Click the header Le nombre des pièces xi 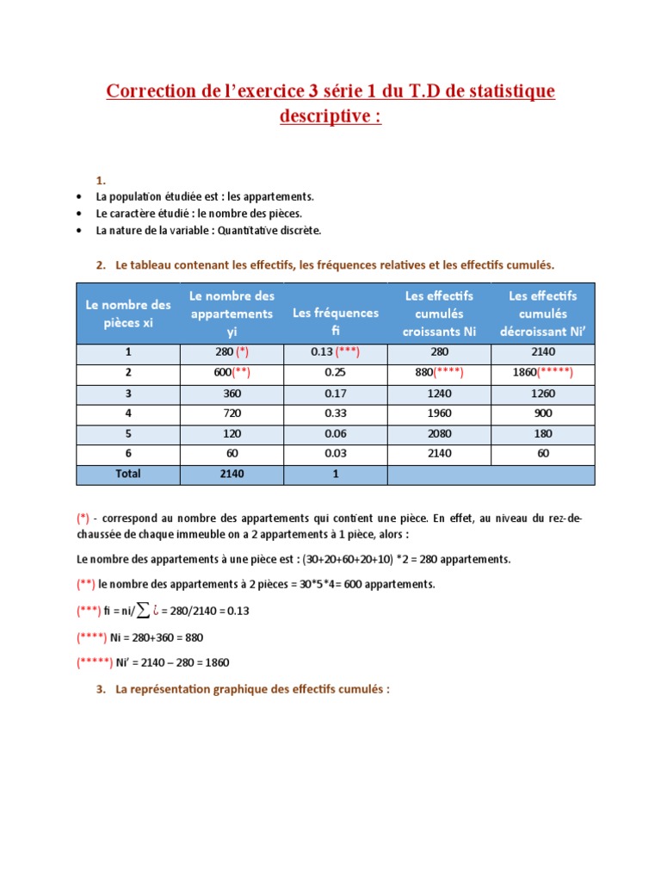127,313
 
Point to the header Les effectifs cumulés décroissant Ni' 543,313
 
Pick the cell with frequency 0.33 336,413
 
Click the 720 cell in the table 231,413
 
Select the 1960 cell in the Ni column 439,413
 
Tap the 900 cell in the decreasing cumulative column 543,413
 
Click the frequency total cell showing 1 336,474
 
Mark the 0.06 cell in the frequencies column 336,434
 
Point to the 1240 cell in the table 439,393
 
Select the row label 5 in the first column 127,434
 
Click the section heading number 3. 100,689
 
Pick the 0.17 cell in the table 336,393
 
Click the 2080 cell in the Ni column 439,434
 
